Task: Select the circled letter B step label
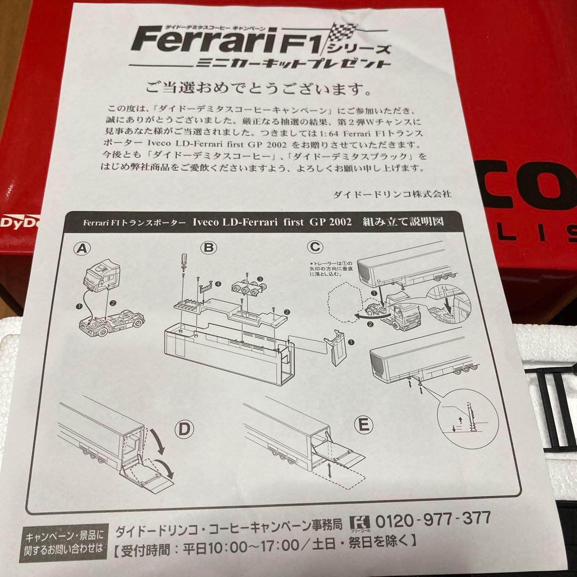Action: click(208, 247)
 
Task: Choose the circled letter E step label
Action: click(364, 425)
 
